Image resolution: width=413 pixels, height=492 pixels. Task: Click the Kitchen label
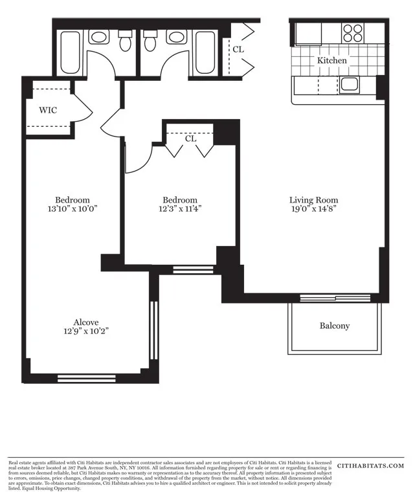click(x=331, y=60)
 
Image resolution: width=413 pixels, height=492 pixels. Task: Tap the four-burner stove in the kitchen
click(x=353, y=33)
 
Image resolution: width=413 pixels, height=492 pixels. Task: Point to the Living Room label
click(x=313, y=200)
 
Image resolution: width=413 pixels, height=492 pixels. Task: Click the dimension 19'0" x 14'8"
click(x=313, y=210)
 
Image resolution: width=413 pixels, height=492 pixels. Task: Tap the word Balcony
click(x=334, y=326)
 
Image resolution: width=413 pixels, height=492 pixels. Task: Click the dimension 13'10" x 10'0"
click(x=72, y=210)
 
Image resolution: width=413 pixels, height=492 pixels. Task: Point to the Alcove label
click(x=85, y=322)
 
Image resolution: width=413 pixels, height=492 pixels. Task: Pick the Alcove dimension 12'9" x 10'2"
click(x=85, y=331)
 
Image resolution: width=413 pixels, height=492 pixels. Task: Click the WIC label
click(x=48, y=110)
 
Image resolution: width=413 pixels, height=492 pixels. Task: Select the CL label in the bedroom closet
click(x=190, y=139)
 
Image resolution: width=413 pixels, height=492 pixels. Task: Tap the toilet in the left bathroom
click(x=126, y=41)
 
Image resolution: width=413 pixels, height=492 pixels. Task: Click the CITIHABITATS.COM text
click(x=371, y=465)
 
